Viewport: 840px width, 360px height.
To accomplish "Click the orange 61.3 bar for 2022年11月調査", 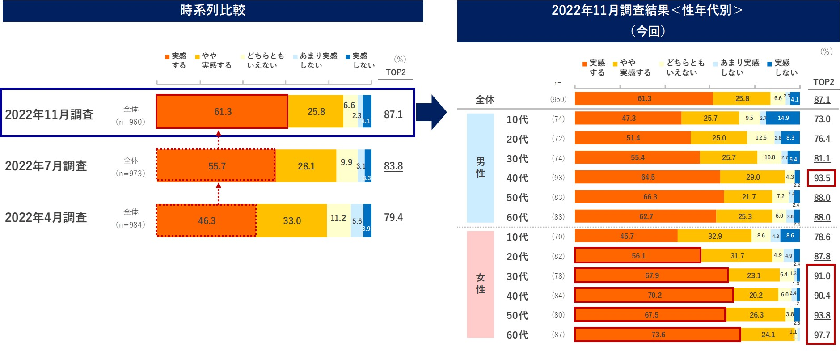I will tap(222, 111).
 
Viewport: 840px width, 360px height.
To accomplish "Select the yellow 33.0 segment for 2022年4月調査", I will tap(292, 220).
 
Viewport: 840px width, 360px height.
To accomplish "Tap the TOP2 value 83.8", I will tap(393, 166).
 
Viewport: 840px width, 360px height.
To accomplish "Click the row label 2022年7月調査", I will tap(46, 166).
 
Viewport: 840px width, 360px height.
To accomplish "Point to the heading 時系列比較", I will tap(213, 10).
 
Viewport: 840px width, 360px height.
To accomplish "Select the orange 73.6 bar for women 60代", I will tap(658, 335).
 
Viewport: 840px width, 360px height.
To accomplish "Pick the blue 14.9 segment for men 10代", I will tap(783, 118).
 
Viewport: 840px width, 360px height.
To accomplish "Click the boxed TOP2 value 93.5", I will tap(822, 178).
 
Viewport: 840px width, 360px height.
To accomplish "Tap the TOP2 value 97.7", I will tap(822, 335).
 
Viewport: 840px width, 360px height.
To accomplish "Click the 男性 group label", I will tap(481, 167).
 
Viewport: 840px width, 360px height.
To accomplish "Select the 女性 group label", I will tap(481, 284).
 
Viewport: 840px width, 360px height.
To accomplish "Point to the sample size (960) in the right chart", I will tap(558, 99).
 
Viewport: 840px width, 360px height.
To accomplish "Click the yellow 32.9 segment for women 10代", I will tap(715, 236).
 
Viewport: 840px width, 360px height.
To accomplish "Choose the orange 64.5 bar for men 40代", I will tap(647, 177).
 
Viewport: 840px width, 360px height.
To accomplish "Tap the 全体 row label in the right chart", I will tap(485, 100).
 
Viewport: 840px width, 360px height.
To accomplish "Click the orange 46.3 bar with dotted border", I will tap(207, 220).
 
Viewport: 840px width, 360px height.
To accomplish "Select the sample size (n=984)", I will tap(131, 224).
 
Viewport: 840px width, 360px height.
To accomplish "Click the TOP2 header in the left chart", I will tap(396, 72).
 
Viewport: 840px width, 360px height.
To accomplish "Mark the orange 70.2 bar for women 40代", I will tap(654, 295).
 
